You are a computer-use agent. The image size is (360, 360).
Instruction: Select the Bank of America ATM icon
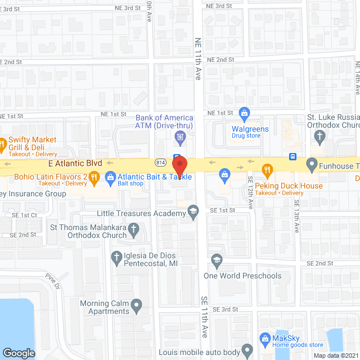click(180, 136)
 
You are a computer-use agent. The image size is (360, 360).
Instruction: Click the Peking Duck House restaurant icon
click(268, 169)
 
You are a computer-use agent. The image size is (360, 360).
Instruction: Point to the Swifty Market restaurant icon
click(2, 145)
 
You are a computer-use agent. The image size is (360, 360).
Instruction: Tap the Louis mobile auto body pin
click(246, 350)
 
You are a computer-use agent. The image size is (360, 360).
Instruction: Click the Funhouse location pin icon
click(312, 165)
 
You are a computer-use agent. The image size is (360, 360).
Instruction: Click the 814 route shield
click(160, 162)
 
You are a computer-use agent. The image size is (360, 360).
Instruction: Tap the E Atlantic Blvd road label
click(75, 162)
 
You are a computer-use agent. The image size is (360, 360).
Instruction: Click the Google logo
click(19, 353)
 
